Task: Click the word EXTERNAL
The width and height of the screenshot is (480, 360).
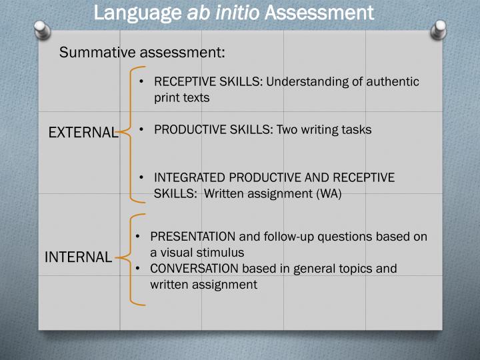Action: (83, 133)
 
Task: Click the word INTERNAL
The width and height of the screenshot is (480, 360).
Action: (78, 257)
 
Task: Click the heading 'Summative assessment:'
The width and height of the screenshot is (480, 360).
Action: (142, 52)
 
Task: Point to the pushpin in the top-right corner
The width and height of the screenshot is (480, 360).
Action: (439, 30)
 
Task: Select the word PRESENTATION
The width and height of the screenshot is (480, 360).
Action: (193, 237)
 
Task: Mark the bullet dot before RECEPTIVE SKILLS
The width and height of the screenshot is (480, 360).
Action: (143, 82)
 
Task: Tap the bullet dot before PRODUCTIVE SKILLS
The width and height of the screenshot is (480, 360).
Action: (143, 130)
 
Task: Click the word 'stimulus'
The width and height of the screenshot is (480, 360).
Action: (221, 253)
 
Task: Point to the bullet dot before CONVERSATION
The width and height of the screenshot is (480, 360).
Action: (138, 269)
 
